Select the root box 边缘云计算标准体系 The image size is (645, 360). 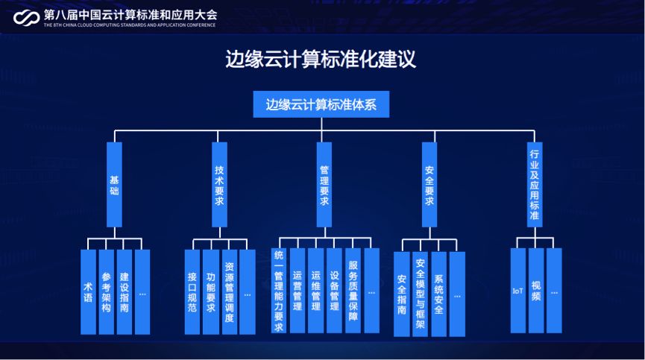pos(321,104)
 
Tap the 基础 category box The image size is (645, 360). pos(114,184)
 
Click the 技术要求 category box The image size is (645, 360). pos(219,184)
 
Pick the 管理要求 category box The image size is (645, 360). pos(324,184)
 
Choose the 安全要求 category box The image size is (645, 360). pos(429,184)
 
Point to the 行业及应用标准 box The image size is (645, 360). pos(534,184)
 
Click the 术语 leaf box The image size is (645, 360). pos(89,291)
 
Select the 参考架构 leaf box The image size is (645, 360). pos(107,291)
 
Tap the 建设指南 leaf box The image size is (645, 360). pos(125,291)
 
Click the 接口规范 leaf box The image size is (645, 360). pos(193,291)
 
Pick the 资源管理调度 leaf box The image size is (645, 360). pos(229,291)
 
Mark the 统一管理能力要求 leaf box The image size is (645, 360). pos(279,291)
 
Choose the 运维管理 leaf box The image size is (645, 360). pos(316,291)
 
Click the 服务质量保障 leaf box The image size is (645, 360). pos(353,291)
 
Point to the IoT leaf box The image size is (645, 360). pos(518,291)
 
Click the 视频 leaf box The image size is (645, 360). pos(536,291)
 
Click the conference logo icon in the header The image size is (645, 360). pos(26,17)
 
